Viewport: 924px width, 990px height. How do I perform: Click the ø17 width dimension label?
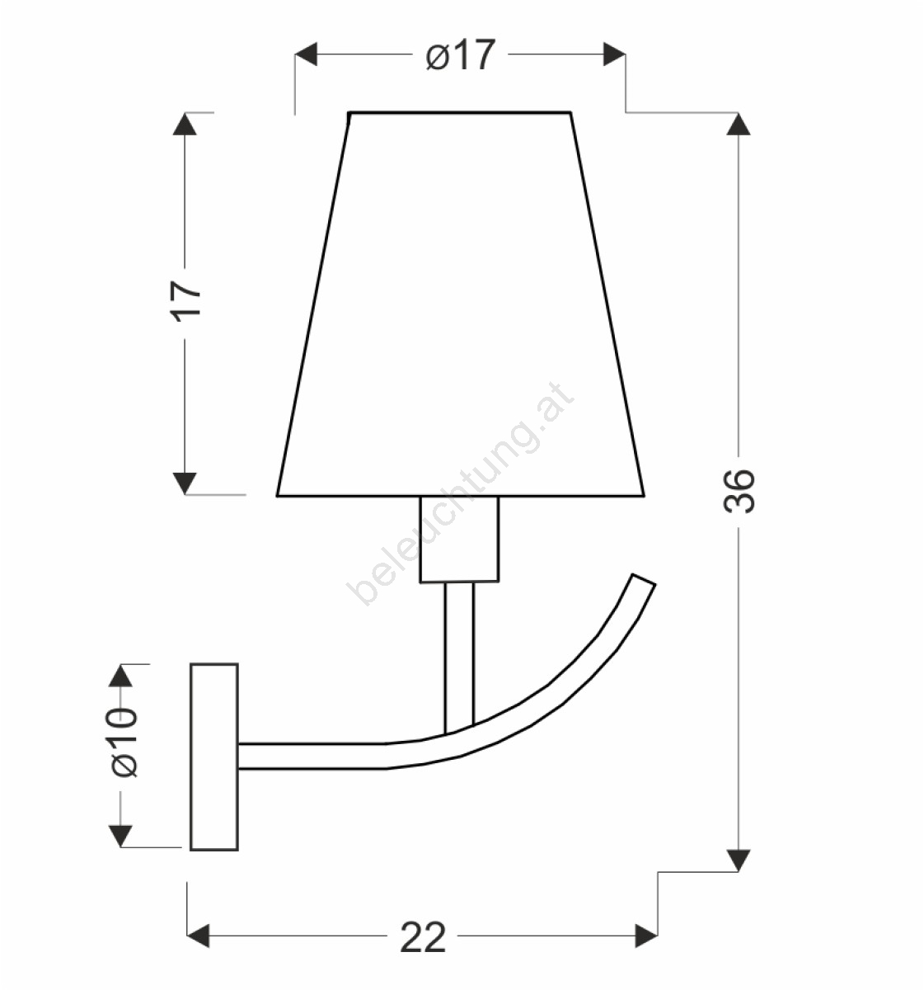tap(461, 54)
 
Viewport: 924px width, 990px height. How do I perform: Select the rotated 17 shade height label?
tap(186, 302)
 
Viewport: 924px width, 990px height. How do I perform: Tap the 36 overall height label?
tap(739, 492)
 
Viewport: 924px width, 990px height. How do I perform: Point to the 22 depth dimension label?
tap(423, 938)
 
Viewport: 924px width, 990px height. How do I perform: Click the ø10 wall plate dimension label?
tap(121, 742)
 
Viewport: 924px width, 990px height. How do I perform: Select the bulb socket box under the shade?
tap(459, 540)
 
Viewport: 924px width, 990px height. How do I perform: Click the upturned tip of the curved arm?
tap(644, 580)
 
